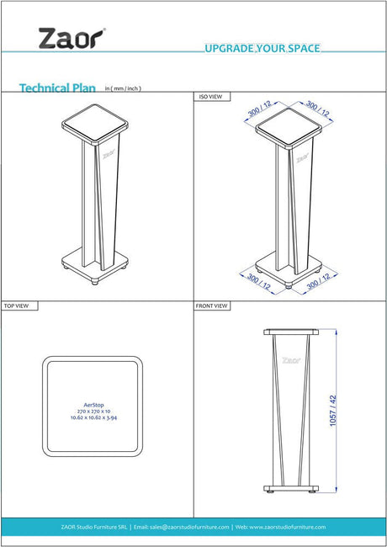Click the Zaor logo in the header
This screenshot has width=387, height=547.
[72, 39]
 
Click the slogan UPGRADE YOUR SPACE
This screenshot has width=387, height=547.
[262, 48]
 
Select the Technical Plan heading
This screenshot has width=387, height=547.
[57, 88]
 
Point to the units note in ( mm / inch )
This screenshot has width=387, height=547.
[123, 88]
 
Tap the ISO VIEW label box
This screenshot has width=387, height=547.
[212, 97]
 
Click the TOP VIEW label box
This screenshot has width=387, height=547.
[19, 306]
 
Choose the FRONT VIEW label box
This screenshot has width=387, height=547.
[212, 306]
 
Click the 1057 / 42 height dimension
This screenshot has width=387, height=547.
[333, 411]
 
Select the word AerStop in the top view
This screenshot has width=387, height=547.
[93, 405]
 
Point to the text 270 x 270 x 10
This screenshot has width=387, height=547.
[93, 412]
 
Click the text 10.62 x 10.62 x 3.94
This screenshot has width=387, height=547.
[93, 417]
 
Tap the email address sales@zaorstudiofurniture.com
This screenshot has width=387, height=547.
[189, 527]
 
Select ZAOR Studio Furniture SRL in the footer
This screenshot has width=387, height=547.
[94, 527]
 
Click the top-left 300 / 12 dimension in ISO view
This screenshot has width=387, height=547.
[259, 109]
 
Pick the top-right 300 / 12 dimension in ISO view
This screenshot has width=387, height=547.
[318, 109]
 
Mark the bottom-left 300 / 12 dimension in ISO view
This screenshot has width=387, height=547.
[258, 282]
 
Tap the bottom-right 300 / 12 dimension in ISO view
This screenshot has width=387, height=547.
[318, 282]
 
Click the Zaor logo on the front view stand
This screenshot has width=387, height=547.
[291, 360]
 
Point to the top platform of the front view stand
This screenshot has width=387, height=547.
[291, 332]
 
